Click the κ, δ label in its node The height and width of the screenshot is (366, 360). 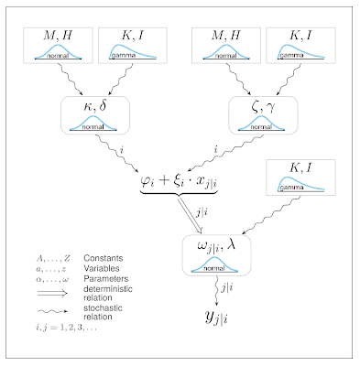(x=95, y=107)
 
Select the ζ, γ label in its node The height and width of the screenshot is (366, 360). (x=263, y=107)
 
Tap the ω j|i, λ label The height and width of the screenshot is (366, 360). (x=216, y=246)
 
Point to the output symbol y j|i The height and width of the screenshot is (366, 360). (x=216, y=318)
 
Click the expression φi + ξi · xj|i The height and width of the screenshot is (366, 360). (x=179, y=180)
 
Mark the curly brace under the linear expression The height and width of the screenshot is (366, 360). (x=179, y=193)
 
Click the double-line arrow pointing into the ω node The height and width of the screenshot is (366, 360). (x=191, y=216)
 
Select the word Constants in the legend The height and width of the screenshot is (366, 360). (x=104, y=258)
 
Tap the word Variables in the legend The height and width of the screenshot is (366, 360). (x=102, y=268)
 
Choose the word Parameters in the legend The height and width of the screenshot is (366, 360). (x=106, y=279)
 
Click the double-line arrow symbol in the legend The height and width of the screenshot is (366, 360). (x=52, y=294)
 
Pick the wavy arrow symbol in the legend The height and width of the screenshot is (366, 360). (x=52, y=311)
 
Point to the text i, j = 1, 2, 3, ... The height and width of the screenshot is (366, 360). (x=67, y=328)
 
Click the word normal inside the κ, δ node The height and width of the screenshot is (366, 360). (x=93, y=127)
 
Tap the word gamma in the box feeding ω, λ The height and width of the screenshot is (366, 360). (x=291, y=188)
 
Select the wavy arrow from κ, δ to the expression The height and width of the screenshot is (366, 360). (x=118, y=153)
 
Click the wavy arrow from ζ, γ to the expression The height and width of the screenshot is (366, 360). (x=225, y=153)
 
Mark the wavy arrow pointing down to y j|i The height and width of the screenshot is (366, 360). (x=217, y=291)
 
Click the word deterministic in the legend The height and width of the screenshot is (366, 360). (x=108, y=288)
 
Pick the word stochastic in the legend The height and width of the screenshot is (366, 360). (x=103, y=307)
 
